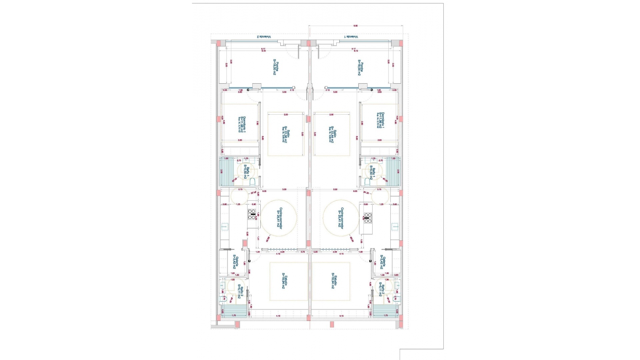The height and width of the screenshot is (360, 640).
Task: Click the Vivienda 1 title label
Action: coord(351,37)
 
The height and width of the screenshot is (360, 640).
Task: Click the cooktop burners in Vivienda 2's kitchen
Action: coord(252,215)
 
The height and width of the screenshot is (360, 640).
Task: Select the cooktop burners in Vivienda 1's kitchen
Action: coord(368,218)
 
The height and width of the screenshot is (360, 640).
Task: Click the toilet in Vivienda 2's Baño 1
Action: coord(253,182)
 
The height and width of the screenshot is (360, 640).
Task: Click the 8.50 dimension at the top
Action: coord(355,26)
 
